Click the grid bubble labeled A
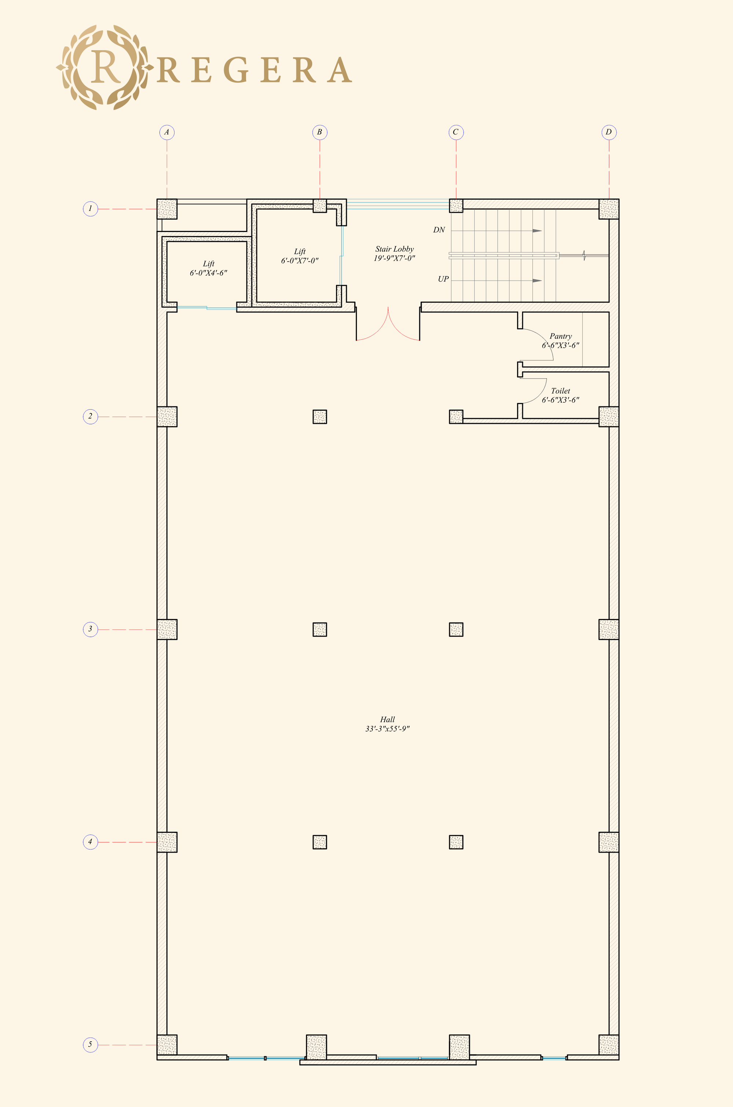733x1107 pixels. point(166,132)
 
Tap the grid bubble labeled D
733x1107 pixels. point(609,132)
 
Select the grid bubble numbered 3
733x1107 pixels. point(90,629)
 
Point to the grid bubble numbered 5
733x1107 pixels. point(90,1044)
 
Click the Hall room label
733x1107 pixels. point(387,720)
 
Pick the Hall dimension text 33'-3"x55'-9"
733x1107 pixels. point(387,728)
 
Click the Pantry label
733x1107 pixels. point(560,336)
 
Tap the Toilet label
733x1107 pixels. point(560,391)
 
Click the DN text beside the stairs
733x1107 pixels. point(439,230)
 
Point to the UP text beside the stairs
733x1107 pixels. point(443,279)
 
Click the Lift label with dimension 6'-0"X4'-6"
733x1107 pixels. point(209,268)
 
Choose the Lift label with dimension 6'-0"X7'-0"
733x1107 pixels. point(300,256)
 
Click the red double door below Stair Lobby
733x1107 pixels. point(388,327)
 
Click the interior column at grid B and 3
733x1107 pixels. point(320,630)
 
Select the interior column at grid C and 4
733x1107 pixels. point(456,842)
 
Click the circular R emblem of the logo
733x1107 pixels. point(105,68)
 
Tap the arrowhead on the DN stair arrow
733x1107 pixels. point(537,231)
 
